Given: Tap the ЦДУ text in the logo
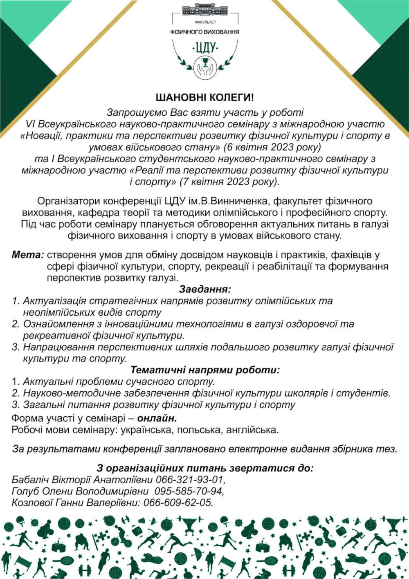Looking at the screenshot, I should click(x=205, y=48).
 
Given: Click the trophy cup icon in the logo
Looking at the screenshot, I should click(x=204, y=63).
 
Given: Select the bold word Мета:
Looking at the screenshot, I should click(x=27, y=255).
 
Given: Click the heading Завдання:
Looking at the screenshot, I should click(x=205, y=289).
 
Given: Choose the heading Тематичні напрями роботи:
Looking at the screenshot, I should click(x=205, y=370).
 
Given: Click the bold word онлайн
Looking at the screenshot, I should click(x=157, y=418).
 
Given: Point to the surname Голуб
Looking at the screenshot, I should click(x=24, y=491).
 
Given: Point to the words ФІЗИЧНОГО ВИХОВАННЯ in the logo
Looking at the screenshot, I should click(x=205, y=32).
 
